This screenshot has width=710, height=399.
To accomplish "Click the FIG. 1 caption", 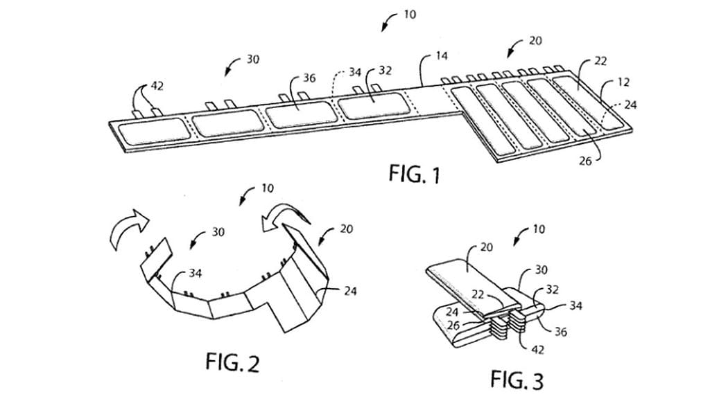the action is (x=415, y=174).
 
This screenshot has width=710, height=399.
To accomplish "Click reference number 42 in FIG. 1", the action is (x=157, y=86).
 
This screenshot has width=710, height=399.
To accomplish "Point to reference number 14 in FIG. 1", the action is (x=442, y=55).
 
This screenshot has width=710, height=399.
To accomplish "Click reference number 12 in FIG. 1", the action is (x=623, y=82).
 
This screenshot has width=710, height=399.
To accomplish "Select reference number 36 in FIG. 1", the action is (x=309, y=78).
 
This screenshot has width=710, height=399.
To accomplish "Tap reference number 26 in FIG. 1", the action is (x=585, y=161).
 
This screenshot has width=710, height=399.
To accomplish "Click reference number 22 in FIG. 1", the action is (x=600, y=61).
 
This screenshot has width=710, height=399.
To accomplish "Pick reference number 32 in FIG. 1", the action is (x=385, y=71).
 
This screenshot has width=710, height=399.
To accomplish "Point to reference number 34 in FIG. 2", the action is (x=195, y=273).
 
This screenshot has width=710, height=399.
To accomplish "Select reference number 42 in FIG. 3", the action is (x=537, y=350).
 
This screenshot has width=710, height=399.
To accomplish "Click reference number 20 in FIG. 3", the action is (x=486, y=247).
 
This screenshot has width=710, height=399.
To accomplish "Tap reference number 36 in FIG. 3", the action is (x=560, y=332).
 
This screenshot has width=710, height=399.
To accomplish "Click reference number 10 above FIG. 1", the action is (x=409, y=15).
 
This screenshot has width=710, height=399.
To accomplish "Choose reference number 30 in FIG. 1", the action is (x=252, y=59).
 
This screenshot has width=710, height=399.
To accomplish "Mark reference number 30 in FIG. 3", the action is (x=541, y=269).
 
